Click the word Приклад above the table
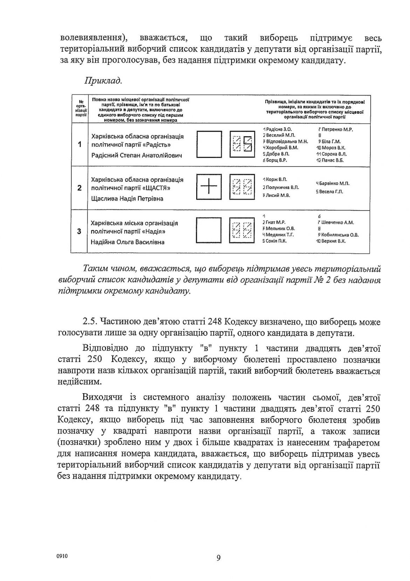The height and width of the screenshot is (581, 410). (103, 81)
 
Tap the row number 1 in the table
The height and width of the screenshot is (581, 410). (80, 144)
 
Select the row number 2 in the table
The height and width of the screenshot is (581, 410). (80, 188)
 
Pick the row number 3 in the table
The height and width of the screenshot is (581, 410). (80, 231)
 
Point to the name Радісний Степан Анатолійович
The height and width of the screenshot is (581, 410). (136, 155)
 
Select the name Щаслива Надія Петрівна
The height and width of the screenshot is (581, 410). (127, 199)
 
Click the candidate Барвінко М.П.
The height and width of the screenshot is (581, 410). (334, 183)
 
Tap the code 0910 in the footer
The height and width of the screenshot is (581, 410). (62, 556)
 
